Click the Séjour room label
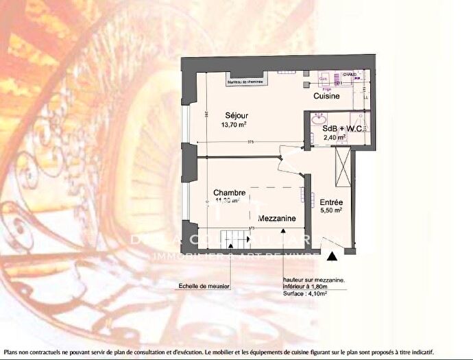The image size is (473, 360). pyautogui.click(x=234, y=116)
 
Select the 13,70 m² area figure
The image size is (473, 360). pyautogui.click(x=234, y=125)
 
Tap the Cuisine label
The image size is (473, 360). pyautogui.click(x=327, y=97)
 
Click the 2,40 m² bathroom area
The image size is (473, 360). pyautogui.click(x=335, y=137)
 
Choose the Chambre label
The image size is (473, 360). pyautogui.click(x=229, y=192)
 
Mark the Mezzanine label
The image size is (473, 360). pyautogui.click(x=278, y=217)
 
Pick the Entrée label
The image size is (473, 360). pyautogui.click(x=332, y=202)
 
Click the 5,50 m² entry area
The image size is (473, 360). pyautogui.click(x=332, y=213)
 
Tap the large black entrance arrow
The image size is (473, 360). pyautogui.click(x=332, y=256)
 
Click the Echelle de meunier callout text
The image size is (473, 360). pyautogui.click(x=204, y=285)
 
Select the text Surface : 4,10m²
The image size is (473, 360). pyautogui.click(x=305, y=293)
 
